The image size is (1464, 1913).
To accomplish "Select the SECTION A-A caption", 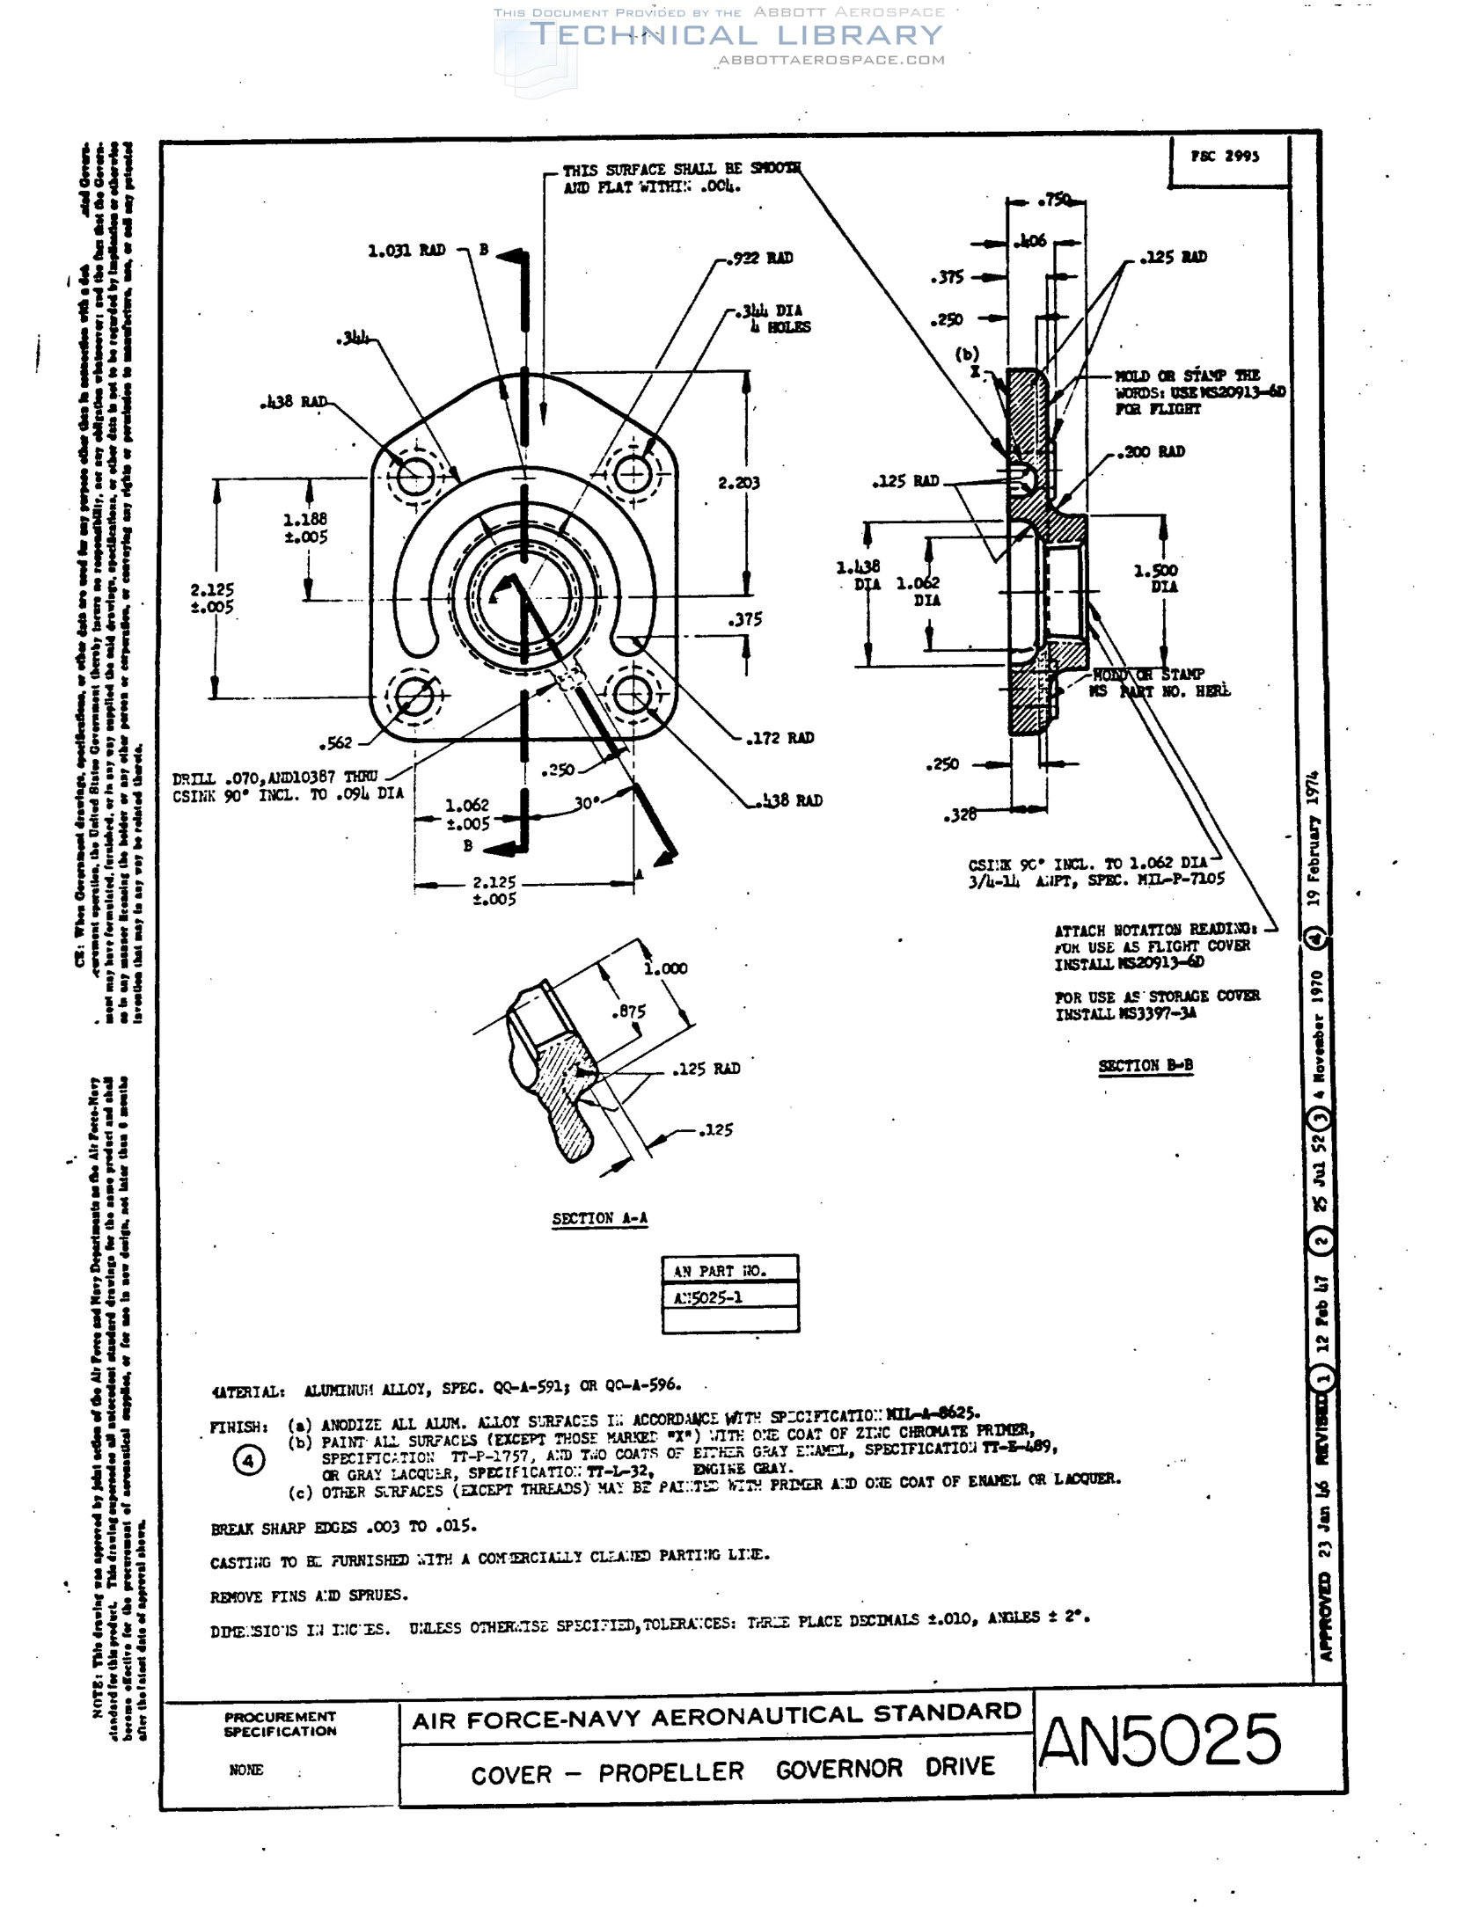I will pos(599,1218).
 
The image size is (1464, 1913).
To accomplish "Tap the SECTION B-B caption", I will pos(1145,1066).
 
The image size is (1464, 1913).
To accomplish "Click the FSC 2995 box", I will pos(1225,157).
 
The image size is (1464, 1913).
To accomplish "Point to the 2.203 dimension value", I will pos(738,483).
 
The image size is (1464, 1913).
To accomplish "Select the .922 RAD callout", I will pos(763,258).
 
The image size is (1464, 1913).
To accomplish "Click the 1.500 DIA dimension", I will pos(1155,578).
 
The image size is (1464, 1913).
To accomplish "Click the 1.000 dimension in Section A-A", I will pos(666,968).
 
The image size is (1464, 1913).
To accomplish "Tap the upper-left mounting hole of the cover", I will pos(414,478).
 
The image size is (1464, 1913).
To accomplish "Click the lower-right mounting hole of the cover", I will pos(632,696).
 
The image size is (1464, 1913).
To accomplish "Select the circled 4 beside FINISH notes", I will pos(248,1461).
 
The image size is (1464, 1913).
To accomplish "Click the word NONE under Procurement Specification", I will pos(245,1771).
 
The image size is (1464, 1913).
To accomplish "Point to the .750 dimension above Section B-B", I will pos(1054,201).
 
